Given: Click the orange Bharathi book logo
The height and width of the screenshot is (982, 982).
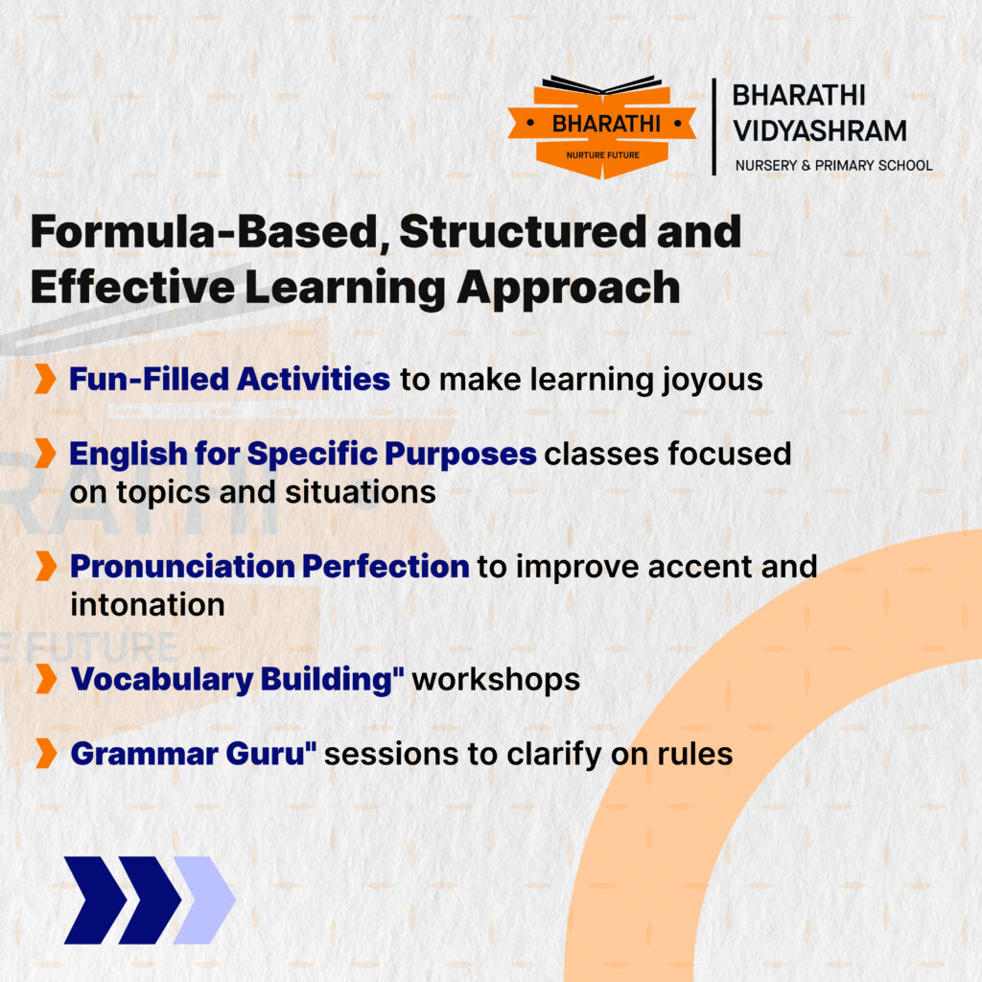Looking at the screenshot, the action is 602,128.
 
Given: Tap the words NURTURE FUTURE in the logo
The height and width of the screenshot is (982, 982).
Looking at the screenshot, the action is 602,155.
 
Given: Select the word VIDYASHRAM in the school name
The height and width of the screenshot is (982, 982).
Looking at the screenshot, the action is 820,131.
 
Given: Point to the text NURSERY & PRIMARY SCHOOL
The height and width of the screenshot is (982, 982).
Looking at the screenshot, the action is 833,165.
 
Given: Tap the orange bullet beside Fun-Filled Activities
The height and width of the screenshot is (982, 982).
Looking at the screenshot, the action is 45,378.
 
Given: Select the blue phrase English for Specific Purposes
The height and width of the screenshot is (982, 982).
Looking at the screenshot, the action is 303,454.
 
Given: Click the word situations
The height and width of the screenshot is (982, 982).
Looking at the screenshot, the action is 361,492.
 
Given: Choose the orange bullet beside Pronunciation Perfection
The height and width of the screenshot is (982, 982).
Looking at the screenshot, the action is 46,566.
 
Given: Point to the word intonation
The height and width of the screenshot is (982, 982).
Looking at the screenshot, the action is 148,605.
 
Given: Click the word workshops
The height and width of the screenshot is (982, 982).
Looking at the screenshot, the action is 496,680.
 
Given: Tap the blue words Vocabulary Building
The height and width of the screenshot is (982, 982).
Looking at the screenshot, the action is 233,681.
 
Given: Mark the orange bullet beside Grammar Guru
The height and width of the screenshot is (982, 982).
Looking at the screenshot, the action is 46,753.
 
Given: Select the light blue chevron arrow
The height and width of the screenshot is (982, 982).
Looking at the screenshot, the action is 205,900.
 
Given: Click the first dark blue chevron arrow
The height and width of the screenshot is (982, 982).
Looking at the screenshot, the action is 95,900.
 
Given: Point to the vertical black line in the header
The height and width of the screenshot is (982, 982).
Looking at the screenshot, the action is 713,127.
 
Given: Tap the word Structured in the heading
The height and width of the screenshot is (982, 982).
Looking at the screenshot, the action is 523,232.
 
